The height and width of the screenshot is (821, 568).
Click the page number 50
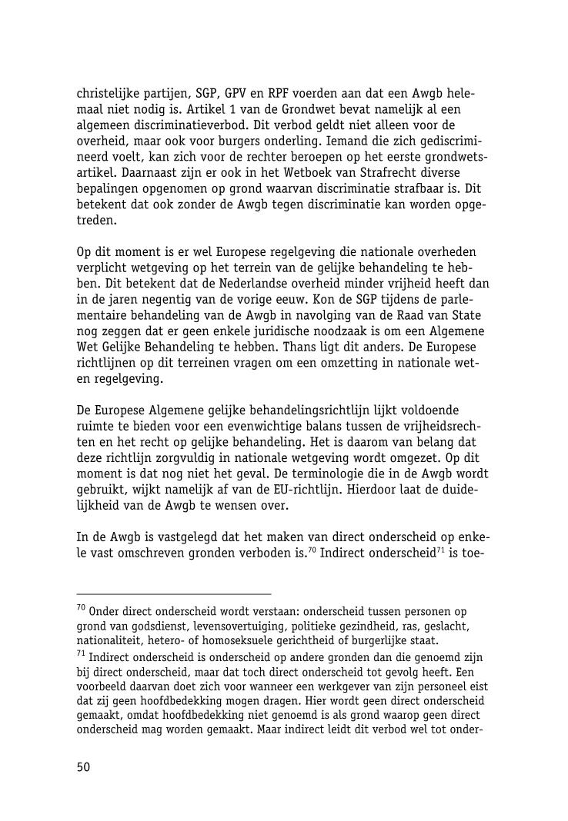pos(83,766)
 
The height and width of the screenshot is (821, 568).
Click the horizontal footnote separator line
pos(174,593)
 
